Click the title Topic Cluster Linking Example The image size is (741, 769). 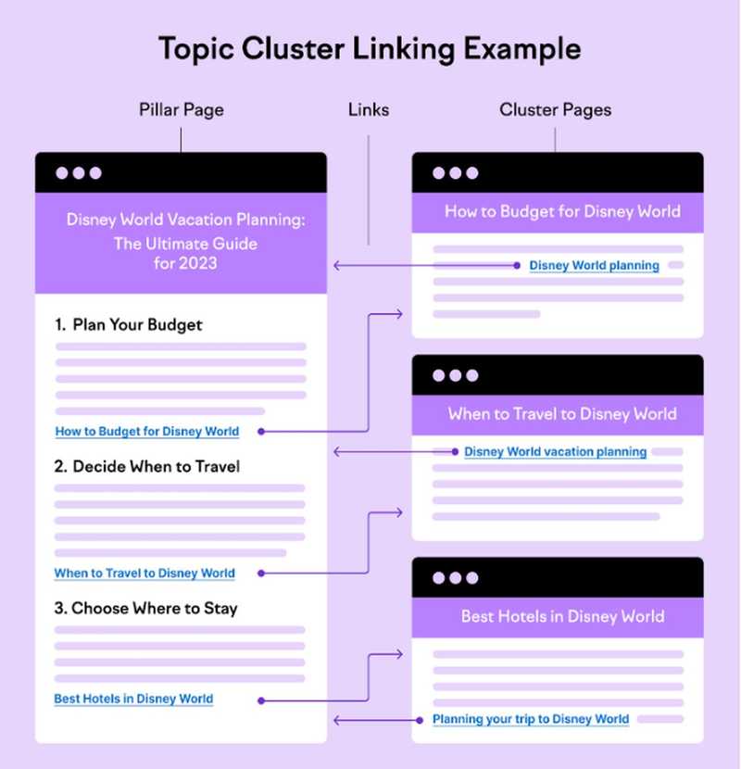click(x=370, y=48)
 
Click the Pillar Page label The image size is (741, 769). click(x=182, y=109)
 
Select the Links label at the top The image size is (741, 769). click(x=369, y=109)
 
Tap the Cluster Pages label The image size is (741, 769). click(x=555, y=109)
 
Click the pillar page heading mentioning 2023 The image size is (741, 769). click(x=185, y=242)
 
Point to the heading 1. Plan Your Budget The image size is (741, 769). click(x=129, y=324)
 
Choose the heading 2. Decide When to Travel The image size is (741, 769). click(x=147, y=466)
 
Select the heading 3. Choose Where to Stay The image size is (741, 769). click(x=145, y=609)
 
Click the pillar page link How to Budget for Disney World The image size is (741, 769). click(x=147, y=431)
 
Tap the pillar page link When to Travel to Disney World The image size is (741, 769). click(x=144, y=573)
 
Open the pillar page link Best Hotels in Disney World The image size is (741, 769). click(x=133, y=699)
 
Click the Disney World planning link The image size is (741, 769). click(x=594, y=266)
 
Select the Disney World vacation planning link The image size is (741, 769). click(x=555, y=452)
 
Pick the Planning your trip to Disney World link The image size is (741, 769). click(x=531, y=719)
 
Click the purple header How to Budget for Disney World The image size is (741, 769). click(x=562, y=211)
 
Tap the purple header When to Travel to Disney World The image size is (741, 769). click(x=562, y=413)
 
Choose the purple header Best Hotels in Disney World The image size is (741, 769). click(x=562, y=616)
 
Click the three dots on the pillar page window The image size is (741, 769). click(x=79, y=173)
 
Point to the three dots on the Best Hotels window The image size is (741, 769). click(x=455, y=578)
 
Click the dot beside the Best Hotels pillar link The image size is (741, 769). click(x=261, y=700)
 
